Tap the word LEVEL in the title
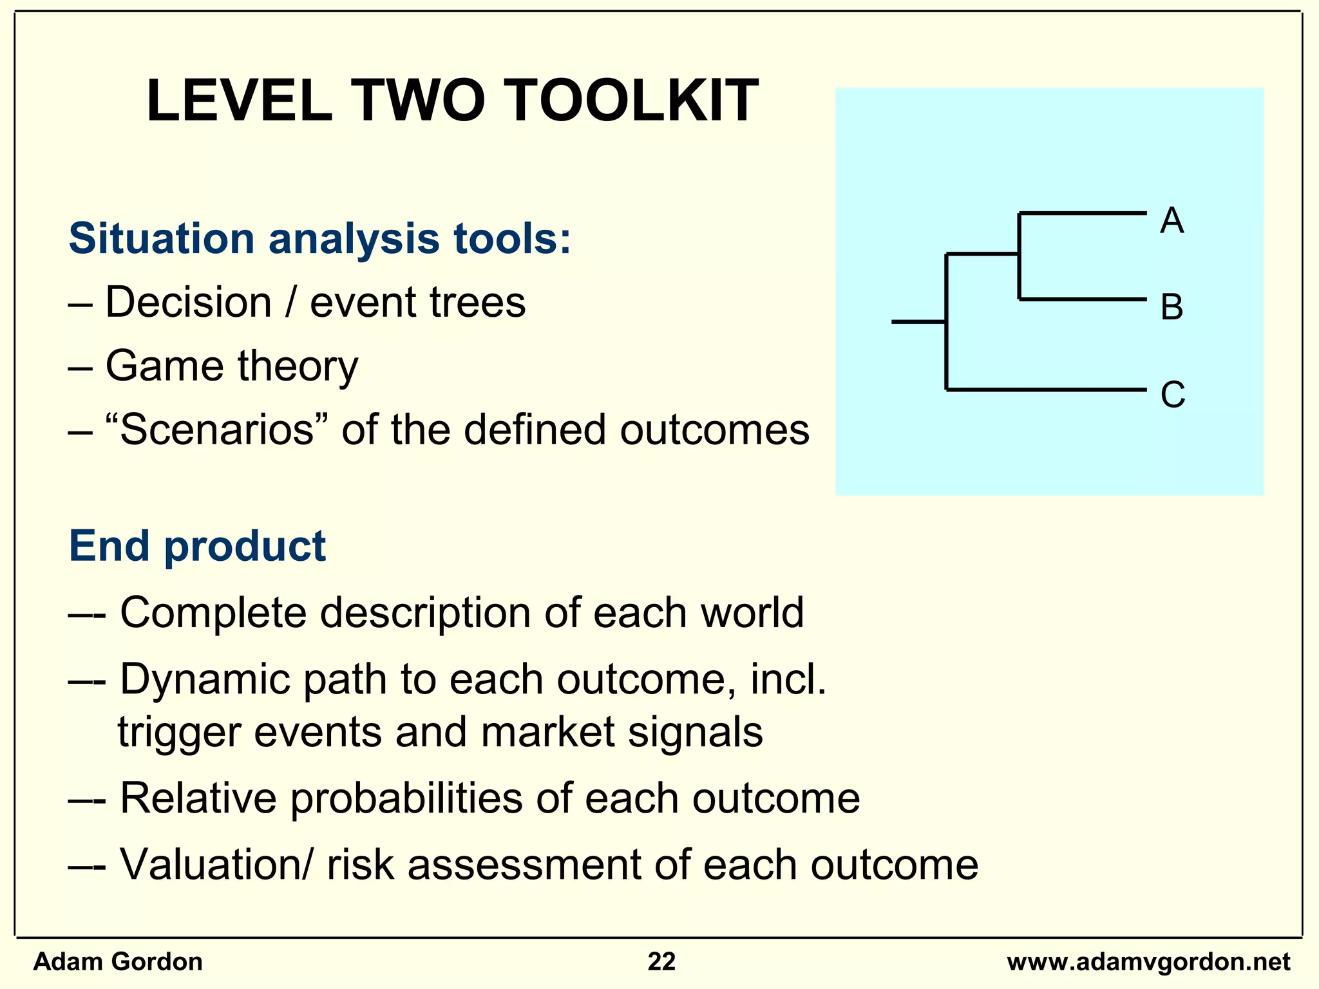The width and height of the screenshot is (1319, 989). tap(239, 101)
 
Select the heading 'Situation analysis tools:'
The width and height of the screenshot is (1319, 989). tap(319, 238)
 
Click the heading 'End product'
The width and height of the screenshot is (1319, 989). tap(197, 546)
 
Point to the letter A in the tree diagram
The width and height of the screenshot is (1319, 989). tap(1172, 221)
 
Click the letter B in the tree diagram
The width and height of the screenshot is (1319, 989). tap(1172, 307)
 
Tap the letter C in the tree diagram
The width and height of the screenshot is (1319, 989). tap(1172, 394)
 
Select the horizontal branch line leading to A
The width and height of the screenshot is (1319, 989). tap(1082, 212)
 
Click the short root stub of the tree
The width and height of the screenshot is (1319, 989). tap(918, 321)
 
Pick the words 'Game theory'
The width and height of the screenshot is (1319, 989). tap(232, 366)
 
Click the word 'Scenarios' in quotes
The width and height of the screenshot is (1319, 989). tap(216, 430)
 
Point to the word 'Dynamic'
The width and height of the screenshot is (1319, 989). tap(205, 680)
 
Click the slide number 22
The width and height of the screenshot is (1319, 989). tap(661, 962)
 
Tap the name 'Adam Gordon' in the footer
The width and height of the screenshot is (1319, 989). tap(118, 962)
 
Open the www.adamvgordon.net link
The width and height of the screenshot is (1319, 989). tap(1148, 962)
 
